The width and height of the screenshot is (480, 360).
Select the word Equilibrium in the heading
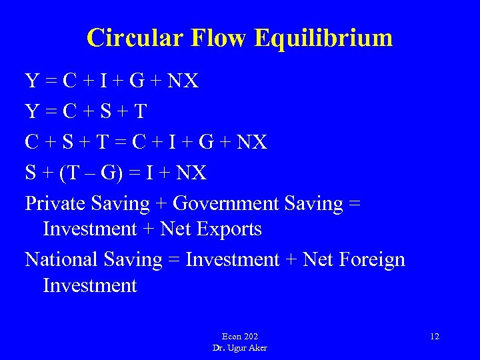[x=328, y=39]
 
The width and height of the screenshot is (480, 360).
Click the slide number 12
[x=435, y=337]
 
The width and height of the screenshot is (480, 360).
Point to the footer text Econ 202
[x=240, y=337]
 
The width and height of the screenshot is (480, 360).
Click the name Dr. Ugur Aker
[x=240, y=348]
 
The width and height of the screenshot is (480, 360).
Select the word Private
[x=59, y=203]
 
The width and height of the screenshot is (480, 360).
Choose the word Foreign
[x=373, y=259]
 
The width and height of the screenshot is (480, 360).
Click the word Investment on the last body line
[x=89, y=286]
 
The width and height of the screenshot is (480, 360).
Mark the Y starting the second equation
[x=32, y=111]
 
